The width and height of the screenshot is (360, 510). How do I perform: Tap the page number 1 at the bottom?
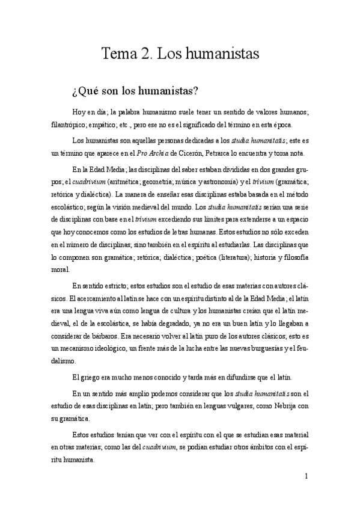(307, 476)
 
